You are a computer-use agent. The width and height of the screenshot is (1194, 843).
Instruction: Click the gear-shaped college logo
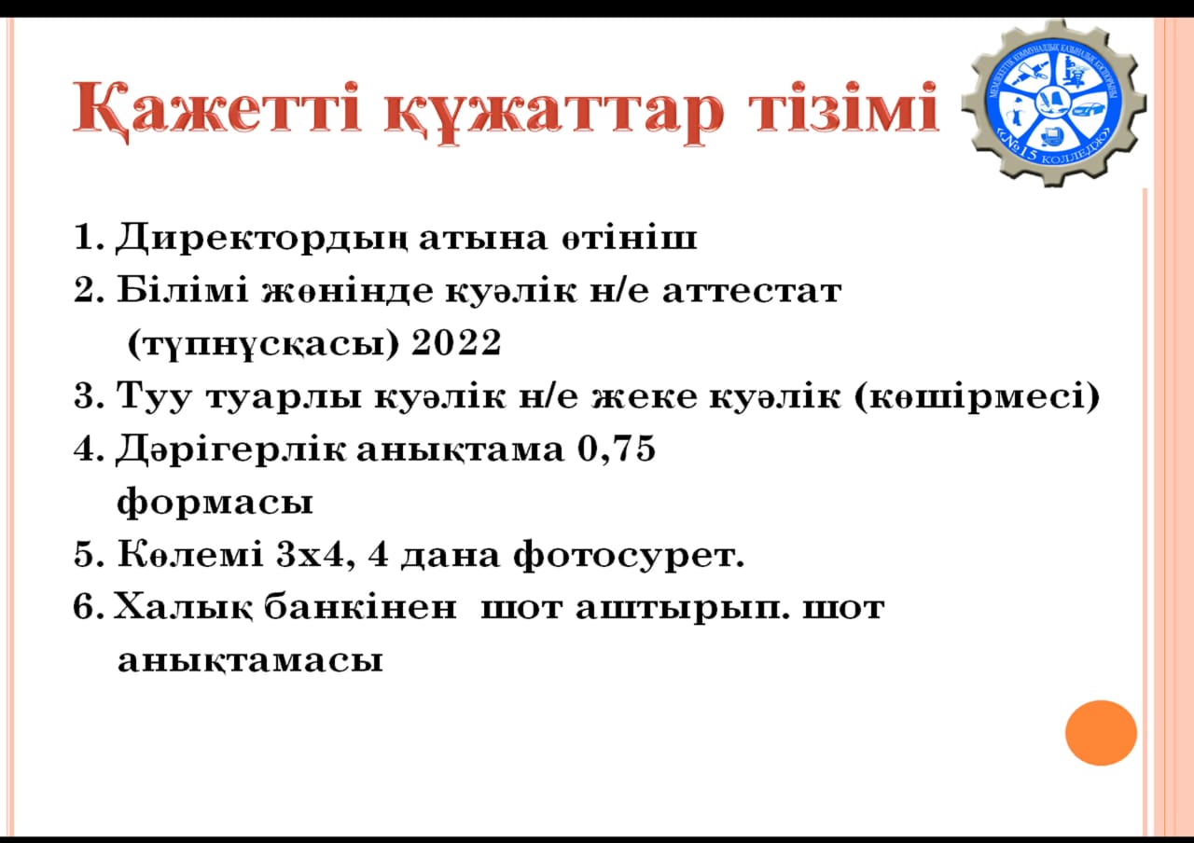coord(1054,104)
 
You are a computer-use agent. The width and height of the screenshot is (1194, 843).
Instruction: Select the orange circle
coord(1102,733)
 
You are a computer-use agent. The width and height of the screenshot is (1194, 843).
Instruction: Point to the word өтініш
coord(629,238)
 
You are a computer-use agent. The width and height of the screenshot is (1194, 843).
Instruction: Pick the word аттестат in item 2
coord(752,292)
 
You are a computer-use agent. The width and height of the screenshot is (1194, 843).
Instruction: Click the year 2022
coord(456,342)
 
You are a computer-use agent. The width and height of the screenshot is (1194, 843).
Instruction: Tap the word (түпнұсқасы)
coord(263,344)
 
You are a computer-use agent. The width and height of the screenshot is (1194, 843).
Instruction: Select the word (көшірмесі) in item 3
coord(977,396)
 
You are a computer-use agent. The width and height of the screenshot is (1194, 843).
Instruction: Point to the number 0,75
coord(617,449)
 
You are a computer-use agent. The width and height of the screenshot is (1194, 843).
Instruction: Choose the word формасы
coord(215,503)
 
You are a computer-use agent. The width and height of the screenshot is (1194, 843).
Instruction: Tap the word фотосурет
coord(629,556)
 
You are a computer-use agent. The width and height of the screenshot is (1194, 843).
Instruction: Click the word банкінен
coord(360,607)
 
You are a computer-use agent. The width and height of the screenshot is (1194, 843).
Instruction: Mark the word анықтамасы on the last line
coord(250,662)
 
